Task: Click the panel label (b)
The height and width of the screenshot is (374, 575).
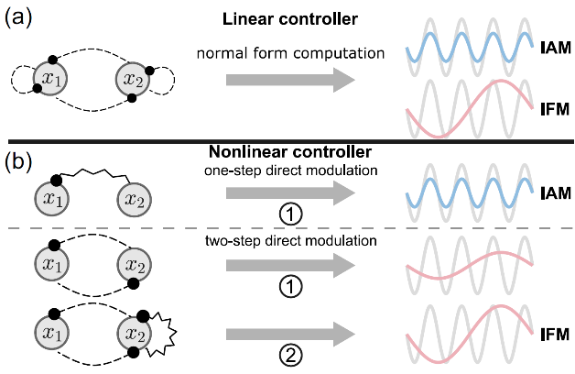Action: [20, 162]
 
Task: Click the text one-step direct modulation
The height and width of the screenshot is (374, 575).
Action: [290, 171]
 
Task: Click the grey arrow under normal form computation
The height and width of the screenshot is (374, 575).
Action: [289, 81]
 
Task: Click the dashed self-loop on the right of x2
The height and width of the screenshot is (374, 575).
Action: [169, 80]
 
